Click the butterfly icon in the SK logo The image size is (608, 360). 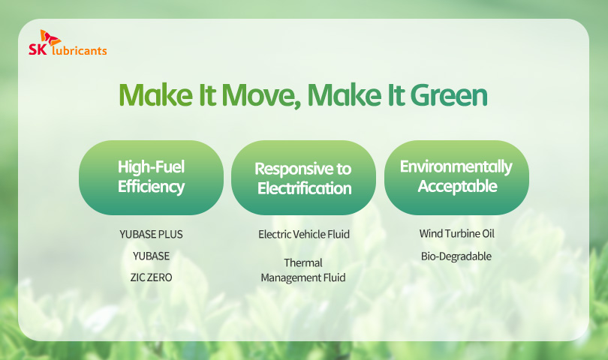point(50,38)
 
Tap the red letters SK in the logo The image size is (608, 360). point(38,49)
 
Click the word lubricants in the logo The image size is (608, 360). point(79,50)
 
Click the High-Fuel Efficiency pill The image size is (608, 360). point(151,178)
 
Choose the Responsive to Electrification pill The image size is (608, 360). point(303,178)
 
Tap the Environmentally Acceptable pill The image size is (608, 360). point(456,178)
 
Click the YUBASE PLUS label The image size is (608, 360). point(151,235)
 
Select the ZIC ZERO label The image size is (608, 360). point(151,277)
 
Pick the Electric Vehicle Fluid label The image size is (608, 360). point(304,235)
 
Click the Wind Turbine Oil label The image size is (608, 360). point(457,234)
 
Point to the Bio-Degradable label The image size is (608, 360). point(456,256)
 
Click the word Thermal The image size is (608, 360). point(303,263)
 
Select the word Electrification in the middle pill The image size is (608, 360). point(305,189)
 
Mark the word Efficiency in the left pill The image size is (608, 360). point(151,187)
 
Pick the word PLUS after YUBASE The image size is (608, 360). point(170,235)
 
